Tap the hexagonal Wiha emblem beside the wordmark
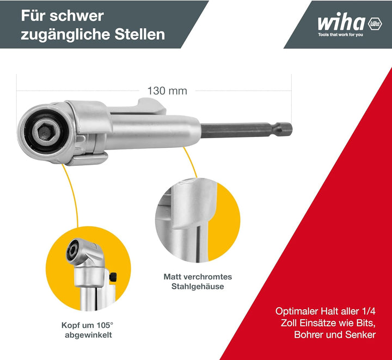click(x=375, y=24)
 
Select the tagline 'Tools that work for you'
click(x=340, y=34)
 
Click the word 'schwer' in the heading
click(x=77, y=16)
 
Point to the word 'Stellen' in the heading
click(x=140, y=34)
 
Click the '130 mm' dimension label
click(x=167, y=91)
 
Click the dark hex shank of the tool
click(x=246, y=129)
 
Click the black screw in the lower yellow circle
click(x=113, y=277)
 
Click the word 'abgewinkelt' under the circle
click(x=88, y=335)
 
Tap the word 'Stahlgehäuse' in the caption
click(x=198, y=287)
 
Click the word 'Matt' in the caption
click(x=173, y=277)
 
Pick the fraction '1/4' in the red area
click(x=369, y=311)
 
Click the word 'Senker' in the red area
click(x=360, y=334)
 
